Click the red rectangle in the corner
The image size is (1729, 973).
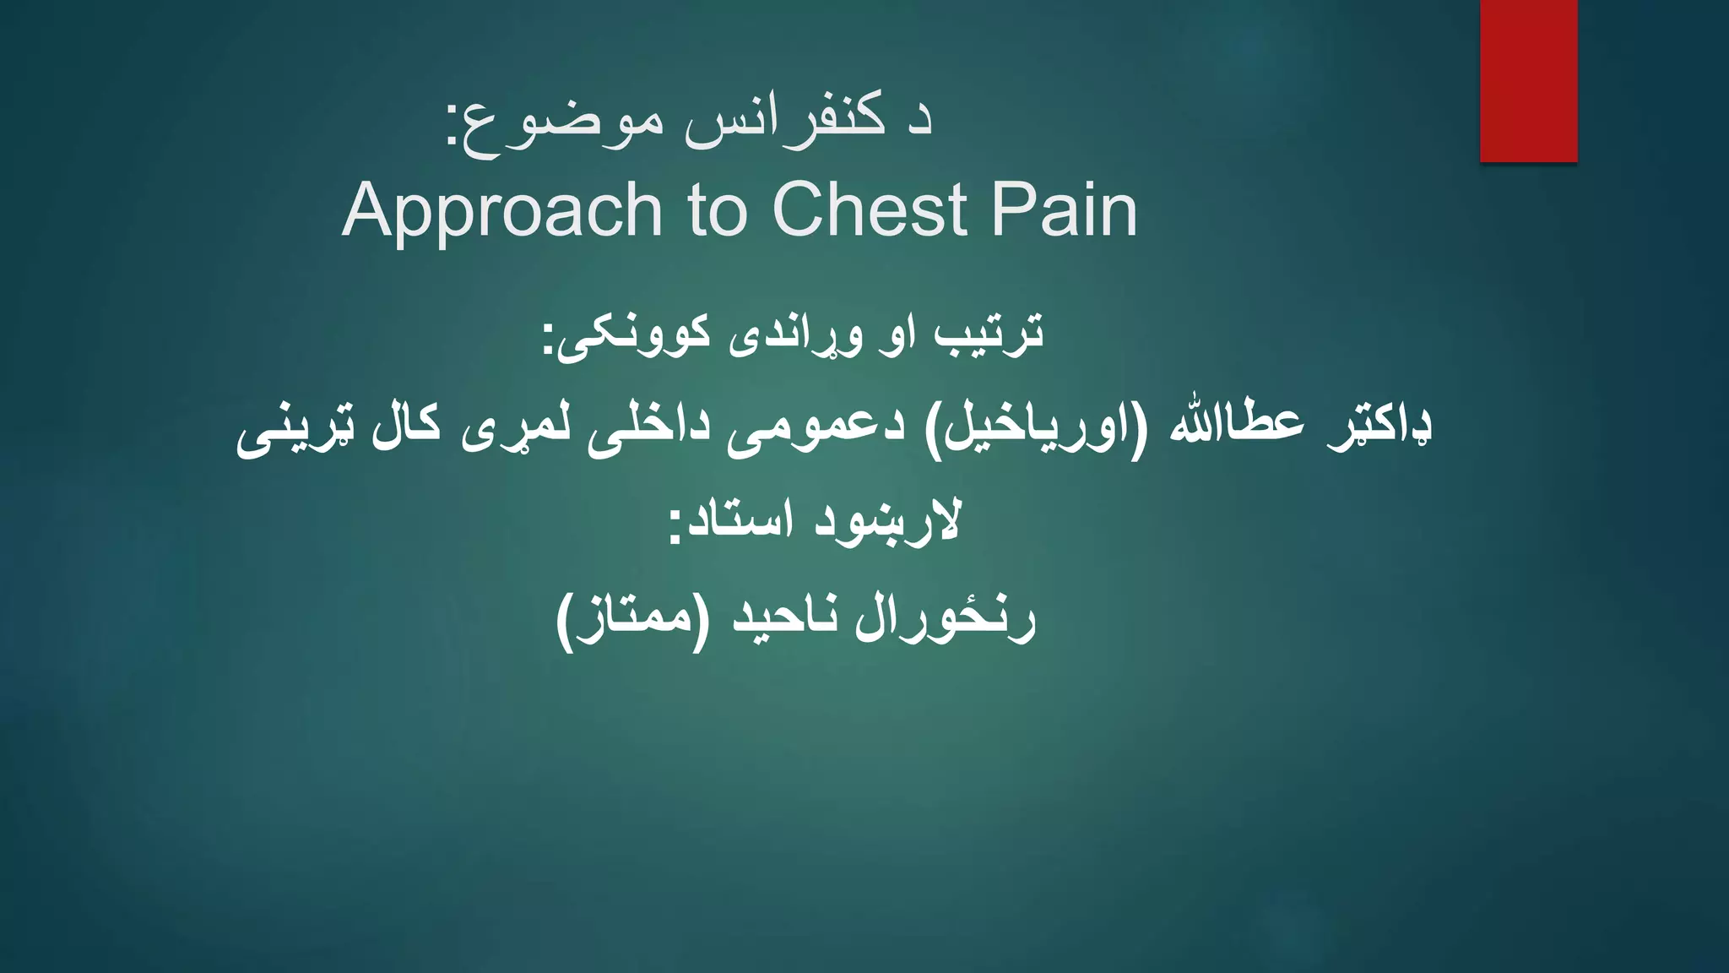(1528, 80)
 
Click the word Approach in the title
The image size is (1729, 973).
(502, 211)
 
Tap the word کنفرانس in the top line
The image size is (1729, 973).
(785, 122)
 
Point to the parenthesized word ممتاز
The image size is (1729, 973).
(625, 620)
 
